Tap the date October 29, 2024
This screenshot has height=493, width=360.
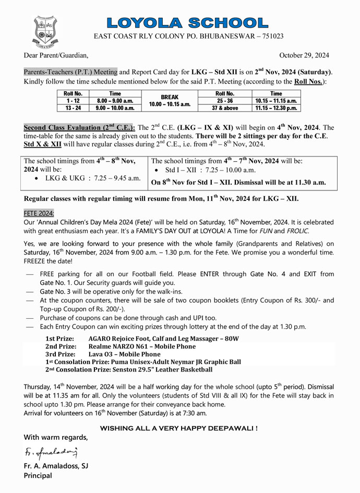point(304,55)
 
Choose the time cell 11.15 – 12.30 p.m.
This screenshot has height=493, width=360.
point(276,108)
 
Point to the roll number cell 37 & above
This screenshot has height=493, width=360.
point(224,108)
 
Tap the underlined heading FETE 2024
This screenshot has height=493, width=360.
point(39,213)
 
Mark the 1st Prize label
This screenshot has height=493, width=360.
point(59,339)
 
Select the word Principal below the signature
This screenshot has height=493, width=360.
point(38,475)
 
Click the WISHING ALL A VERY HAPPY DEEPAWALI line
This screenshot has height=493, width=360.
point(178,428)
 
